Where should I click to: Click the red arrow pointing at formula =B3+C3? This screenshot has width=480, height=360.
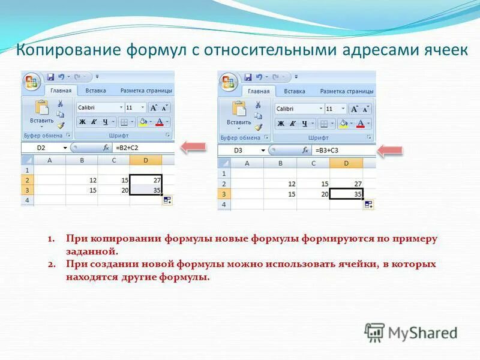[390, 150]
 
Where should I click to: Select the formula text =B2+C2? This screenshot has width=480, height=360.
[127, 147]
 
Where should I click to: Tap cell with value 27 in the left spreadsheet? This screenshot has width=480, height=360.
[146, 180]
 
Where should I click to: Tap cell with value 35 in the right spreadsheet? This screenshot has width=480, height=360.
[346, 194]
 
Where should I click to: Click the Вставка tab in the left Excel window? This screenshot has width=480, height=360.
[95, 91]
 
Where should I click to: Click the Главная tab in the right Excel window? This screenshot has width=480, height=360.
[259, 91]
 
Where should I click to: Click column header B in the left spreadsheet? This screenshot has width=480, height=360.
[82, 160]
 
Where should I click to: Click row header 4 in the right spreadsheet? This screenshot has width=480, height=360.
[224, 205]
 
